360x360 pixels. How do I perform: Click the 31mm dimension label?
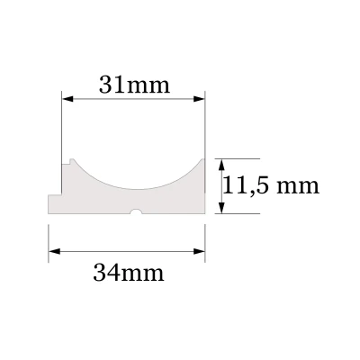(132, 86)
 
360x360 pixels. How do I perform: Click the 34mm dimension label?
(129, 271)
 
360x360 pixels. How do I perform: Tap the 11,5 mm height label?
(271, 185)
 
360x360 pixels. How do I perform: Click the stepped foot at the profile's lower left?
(54, 205)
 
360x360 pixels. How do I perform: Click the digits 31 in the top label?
(111, 86)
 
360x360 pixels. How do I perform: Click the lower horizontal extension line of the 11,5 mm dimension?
(238, 214)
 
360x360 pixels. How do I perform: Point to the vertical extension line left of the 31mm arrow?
(61, 126)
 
